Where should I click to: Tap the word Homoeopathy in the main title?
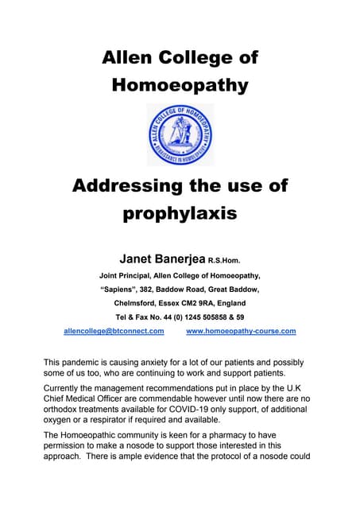coord(180,85)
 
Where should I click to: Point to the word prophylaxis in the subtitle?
coord(180,214)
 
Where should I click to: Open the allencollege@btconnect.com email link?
coord(114,331)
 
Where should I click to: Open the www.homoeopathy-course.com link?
coord(240,331)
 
